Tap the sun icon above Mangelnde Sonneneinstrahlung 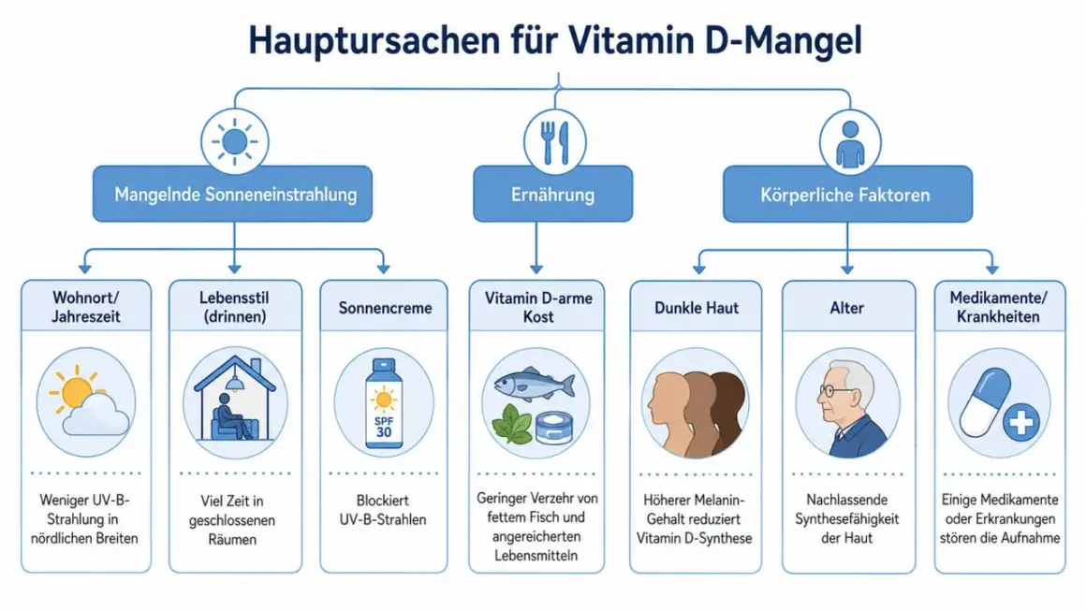235,141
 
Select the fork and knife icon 555,142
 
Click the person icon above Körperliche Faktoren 850,145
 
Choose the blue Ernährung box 552,194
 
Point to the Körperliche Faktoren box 847,195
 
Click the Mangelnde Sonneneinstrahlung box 233,194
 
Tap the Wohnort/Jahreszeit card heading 86,307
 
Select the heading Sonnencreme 385,308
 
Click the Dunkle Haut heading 696,308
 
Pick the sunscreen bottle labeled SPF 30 384,403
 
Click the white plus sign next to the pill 1020,421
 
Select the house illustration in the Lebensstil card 235,399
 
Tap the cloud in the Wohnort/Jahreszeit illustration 95,415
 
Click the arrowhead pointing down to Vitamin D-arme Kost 536,269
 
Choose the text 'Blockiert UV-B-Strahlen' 383,510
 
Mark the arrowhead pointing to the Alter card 847,269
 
